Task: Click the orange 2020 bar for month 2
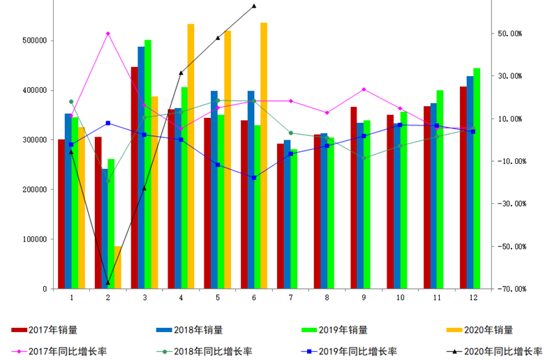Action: pos(117,267)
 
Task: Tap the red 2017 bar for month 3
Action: pos(134,177)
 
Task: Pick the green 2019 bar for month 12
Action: pos(477,178)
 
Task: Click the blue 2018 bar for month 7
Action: pos(288,214)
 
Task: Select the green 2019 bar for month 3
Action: pos(148,164)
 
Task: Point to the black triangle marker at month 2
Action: pos(108,283)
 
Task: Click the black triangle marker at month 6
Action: pos(254,6)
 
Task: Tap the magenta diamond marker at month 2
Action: pos(108,33)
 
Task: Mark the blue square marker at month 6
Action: pos(254,178)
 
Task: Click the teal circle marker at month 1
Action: pos(71,102)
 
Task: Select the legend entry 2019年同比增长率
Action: pos(357,351)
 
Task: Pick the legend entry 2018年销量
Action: pos(203,330)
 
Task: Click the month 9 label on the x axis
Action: pos(364,298)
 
